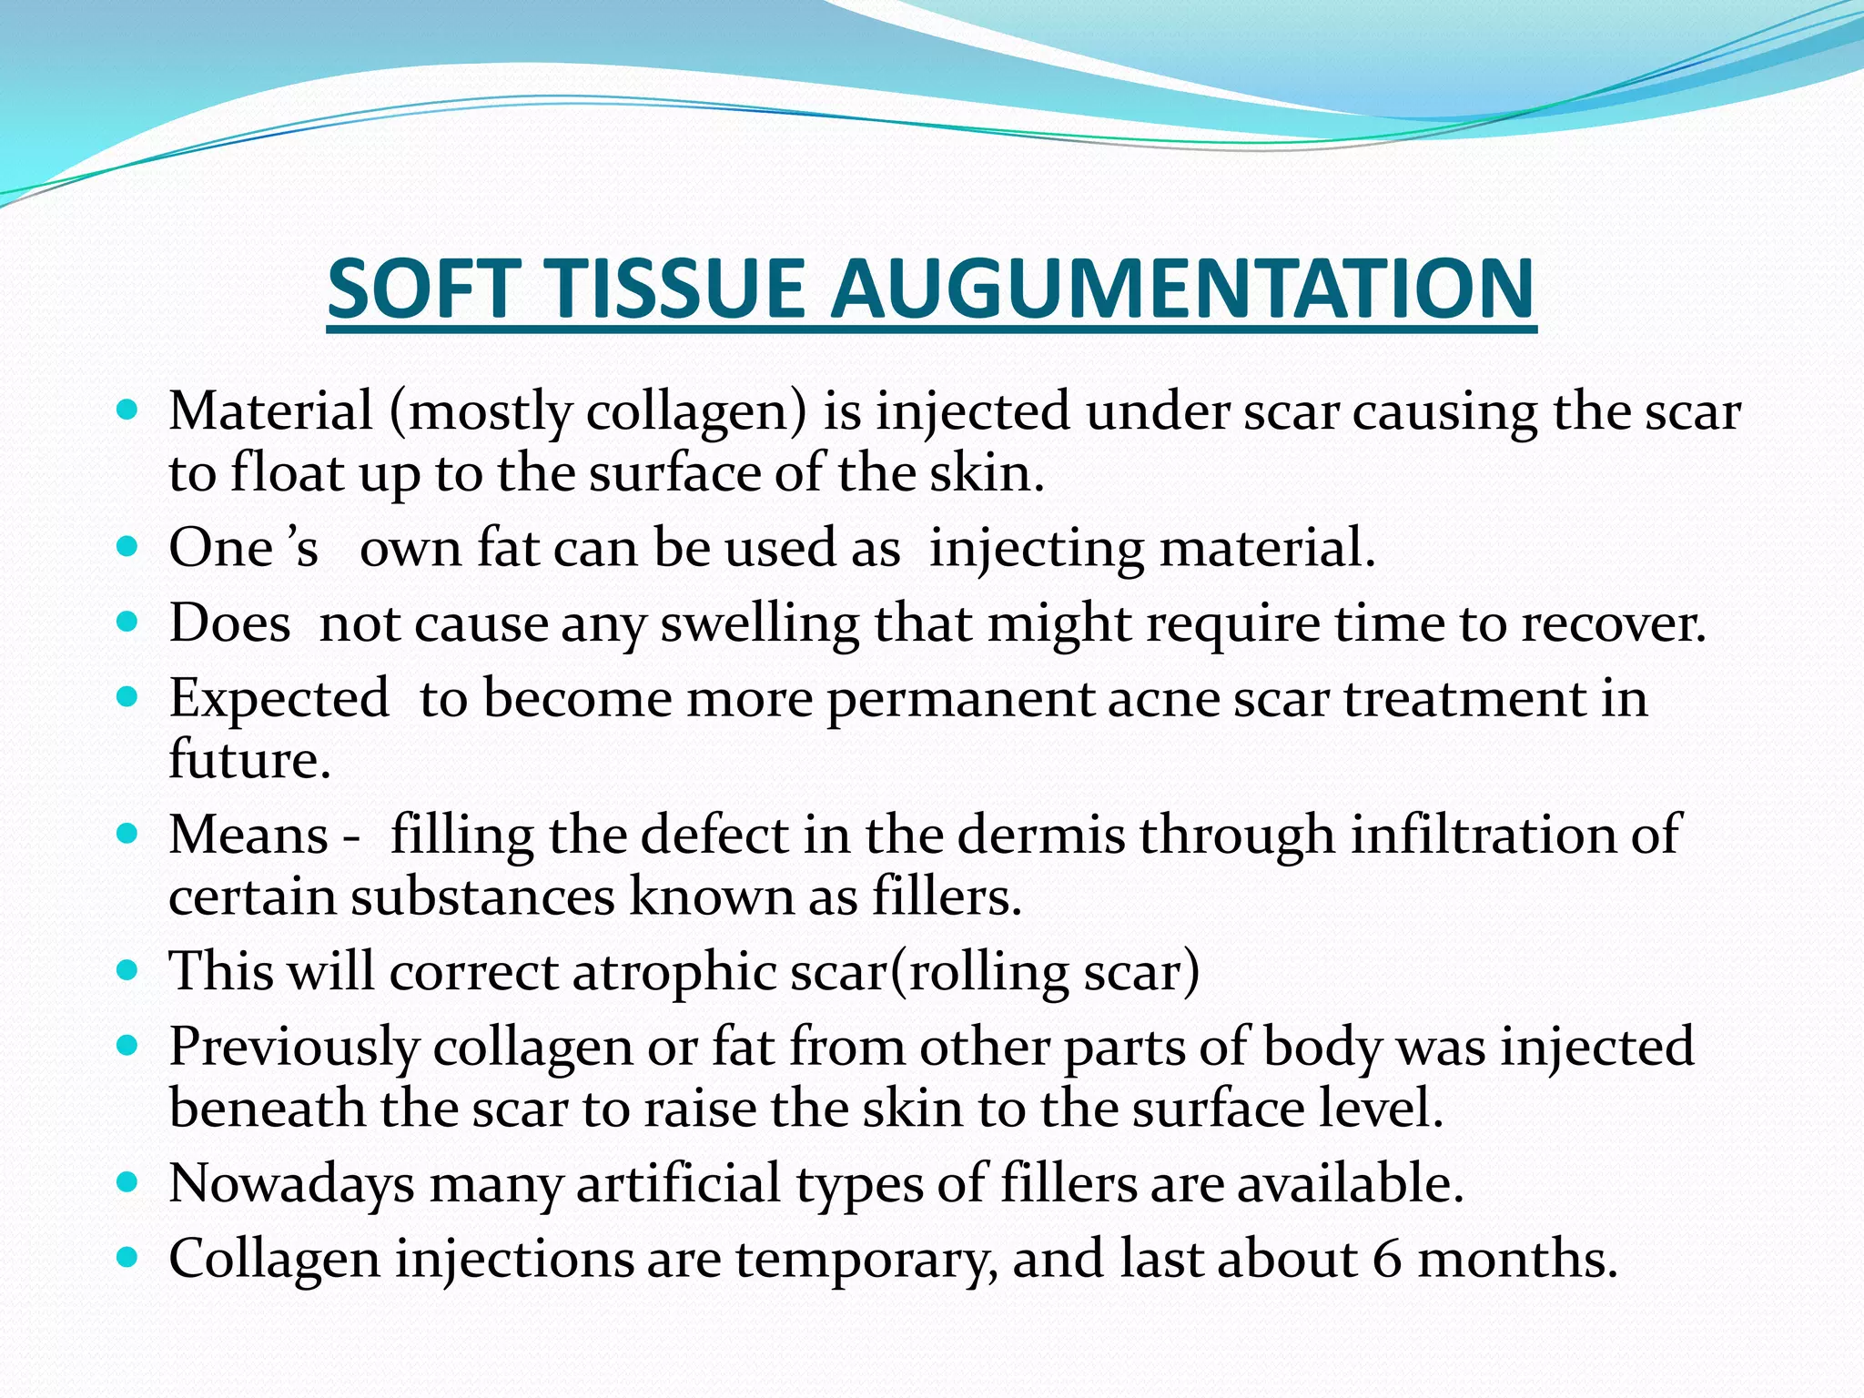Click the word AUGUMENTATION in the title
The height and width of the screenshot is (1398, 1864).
pyautogui.click(x=1183, y=289)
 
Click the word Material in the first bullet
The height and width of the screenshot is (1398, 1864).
pyautogui.click(x=270, y=411)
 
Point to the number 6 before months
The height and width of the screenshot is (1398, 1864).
pyautogui.click(x=1387, y=1259)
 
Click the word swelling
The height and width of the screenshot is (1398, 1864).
pyautogui.click(x=759, y=625)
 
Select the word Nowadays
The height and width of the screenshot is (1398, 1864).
pyautogui.click(x=291, y=1184)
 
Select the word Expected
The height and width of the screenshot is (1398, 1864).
pyautogui.click(x=279, y=700)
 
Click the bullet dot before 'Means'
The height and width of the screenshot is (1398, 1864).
pyautogui.click(x=128, y=832)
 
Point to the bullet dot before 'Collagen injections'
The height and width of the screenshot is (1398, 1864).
pyautogui.click(x=128, y=1257)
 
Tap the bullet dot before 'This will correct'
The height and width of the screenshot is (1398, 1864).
pyautogui.click(x=128, y=968)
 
